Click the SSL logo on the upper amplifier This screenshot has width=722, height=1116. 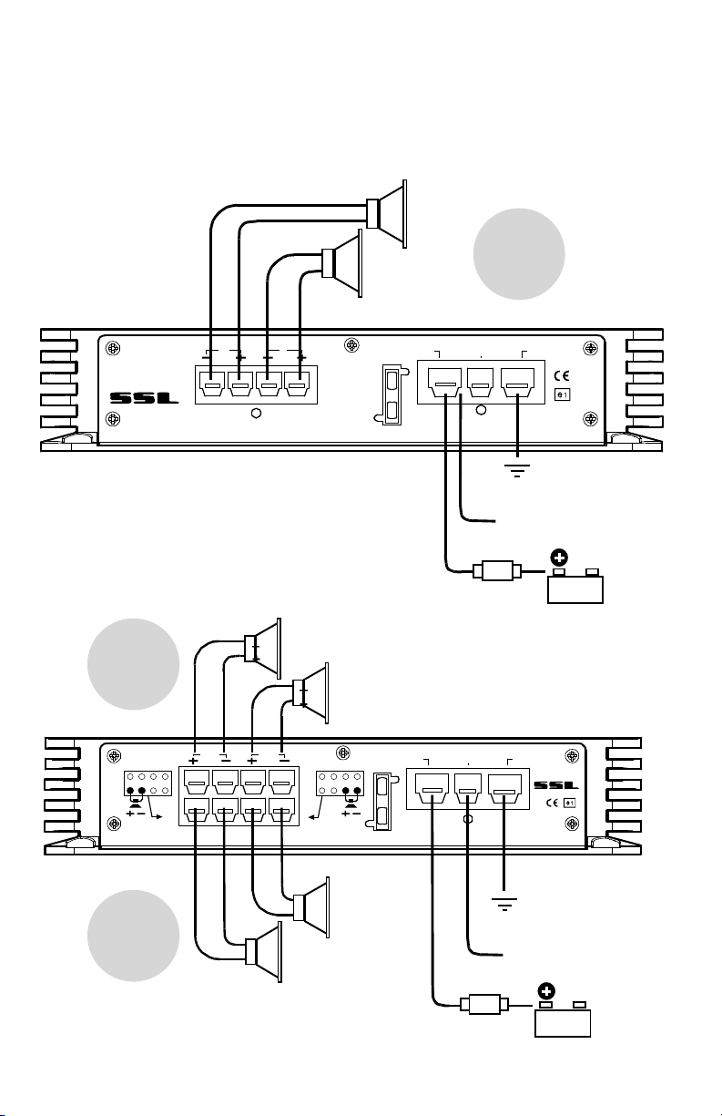click(x=144, y=398)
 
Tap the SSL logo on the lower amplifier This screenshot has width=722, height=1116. click(x=556, y=785)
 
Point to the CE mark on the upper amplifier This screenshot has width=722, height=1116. click(x=562, y=376)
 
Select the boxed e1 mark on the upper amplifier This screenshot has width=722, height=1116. click(x=562, y=394)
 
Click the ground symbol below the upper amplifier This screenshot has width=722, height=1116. click(x=517, y=470)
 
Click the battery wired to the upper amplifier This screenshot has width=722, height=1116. click(x=575, y=586)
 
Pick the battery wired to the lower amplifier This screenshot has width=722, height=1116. click(x=563, y=1019)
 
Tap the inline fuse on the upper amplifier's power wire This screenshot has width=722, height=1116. click(x=497, y=571)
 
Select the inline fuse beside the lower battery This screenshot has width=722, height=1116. click(x=484, y=1004)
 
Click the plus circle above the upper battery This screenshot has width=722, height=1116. click(x=559, y=558)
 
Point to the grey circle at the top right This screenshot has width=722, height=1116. click(x=519, y=254)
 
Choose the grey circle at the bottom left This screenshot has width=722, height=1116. click(x=134, y=936)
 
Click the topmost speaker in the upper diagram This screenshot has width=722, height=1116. click(x=387, y=214)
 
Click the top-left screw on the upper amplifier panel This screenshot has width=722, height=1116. click(x=114, y=348)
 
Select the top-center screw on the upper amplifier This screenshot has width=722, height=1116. click(x=352, y=344)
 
